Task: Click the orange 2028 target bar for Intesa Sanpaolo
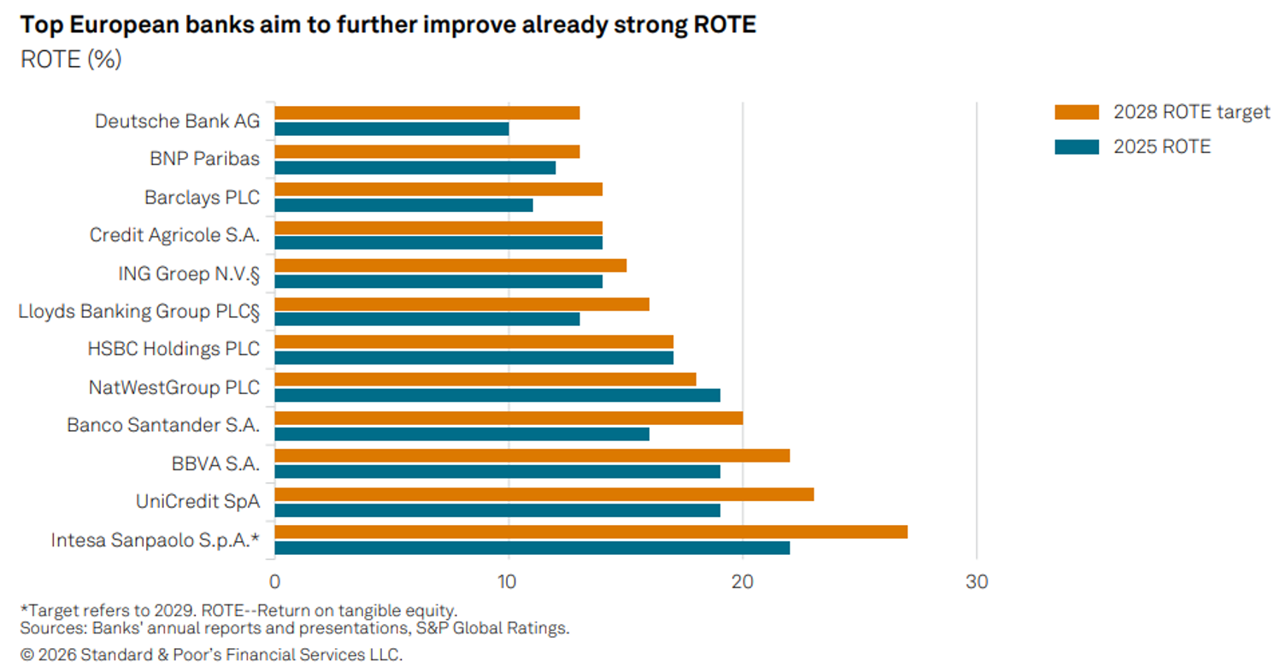click(591, 532)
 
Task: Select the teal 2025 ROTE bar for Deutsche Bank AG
click(391, 129)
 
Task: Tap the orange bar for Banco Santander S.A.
click(509, 418)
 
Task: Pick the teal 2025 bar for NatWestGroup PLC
click(497, 395)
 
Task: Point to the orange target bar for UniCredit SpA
click(544, 494)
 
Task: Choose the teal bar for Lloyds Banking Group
click(427, 319)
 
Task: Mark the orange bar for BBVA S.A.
click(532, 456)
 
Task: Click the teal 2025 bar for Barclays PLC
click(403, 205)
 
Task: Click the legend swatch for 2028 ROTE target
click(1077, 112)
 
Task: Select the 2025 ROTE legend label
click(1161, 147)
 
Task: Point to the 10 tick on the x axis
click(507, 581)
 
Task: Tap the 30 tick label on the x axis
click(976, 581)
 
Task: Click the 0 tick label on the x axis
click(274, 581)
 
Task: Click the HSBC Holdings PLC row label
click(173, 349)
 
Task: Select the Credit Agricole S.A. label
click(174, 235)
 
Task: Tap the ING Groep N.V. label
click(189, 274)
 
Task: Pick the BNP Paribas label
click(205, 158)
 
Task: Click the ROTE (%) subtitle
click(71, 60)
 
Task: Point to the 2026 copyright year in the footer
click(56, 654)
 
